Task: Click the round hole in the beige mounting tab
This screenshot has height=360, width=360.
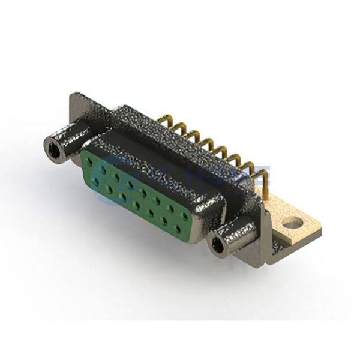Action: point(293,224)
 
